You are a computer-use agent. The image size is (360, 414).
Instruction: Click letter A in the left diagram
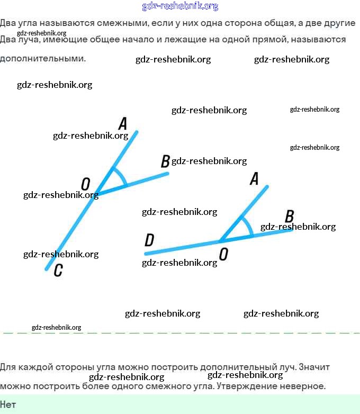tap(123, 124)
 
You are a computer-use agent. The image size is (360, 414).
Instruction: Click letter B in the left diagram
tap(165, 161)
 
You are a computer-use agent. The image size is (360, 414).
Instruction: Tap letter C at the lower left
tap(58, 271)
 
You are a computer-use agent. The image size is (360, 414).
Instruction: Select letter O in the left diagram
tap(85, 184)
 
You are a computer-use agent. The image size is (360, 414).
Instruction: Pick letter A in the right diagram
tap(254, 179)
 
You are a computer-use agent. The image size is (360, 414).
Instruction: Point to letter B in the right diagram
tap(289, 216)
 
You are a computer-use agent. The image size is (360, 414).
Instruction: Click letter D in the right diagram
tap(149, 241)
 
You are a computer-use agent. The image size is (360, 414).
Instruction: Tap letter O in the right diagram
tap(223, 255)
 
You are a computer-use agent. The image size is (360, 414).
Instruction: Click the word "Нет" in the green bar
tap(8, 404)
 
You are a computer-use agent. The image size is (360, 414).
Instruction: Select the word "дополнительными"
tap(42, 58)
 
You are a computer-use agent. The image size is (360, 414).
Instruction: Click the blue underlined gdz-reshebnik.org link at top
tap(180, 6)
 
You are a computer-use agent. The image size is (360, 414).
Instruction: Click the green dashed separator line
tap(180, 333)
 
